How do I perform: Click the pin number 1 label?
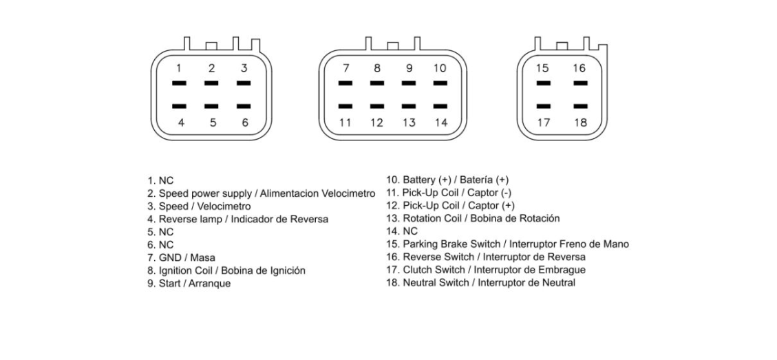[x=180, y=68]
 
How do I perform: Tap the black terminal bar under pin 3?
[x=244, y=83]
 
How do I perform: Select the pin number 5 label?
[x=213, y=123]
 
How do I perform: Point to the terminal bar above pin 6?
[x=244, y=106]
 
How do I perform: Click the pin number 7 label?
[x=345, y=68]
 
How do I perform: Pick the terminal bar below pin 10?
[x=440, y=83]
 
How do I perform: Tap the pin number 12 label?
[x=376, y=123]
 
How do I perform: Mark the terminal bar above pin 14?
[x=440, y=106]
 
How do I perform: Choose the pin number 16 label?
[x=579, y=68]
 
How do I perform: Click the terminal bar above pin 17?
[x=543, y=106]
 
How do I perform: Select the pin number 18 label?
[x=580, y=123]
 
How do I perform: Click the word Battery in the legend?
[x=419, y=180]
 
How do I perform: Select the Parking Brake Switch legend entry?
[x=507, y=244]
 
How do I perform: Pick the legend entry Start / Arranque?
[x=189, y=284]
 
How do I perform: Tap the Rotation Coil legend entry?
[x=473, y=218]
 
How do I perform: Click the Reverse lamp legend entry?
[x=238, y=219]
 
